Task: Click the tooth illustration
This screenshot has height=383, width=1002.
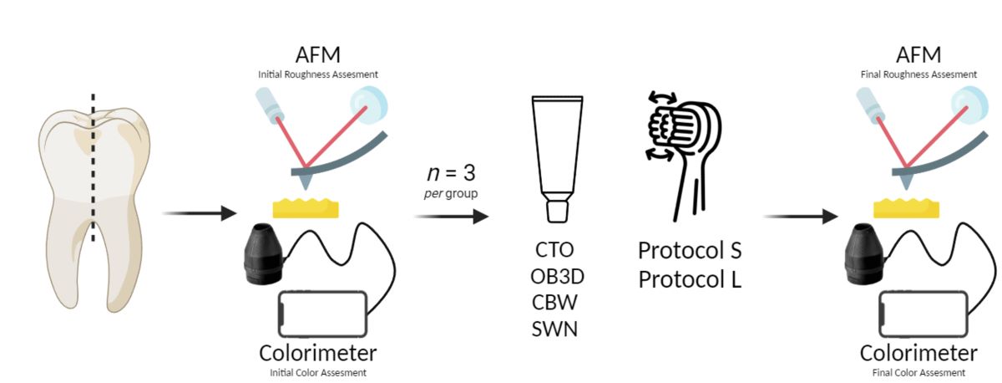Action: click(x=94, y=205)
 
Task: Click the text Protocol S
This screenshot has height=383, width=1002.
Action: click(x=690, y=250)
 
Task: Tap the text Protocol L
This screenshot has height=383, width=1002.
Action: click(x=690, y=278)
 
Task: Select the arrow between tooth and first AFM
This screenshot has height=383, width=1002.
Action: click(x=198, y=214)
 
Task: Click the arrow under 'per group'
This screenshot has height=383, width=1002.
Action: click(x=452, y=217)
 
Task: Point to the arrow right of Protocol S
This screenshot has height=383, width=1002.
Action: click(x=800, y=217)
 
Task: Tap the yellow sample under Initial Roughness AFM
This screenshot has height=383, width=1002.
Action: click(x=306, y=206)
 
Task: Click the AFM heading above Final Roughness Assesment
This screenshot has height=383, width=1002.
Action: click(x=918, y=54)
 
